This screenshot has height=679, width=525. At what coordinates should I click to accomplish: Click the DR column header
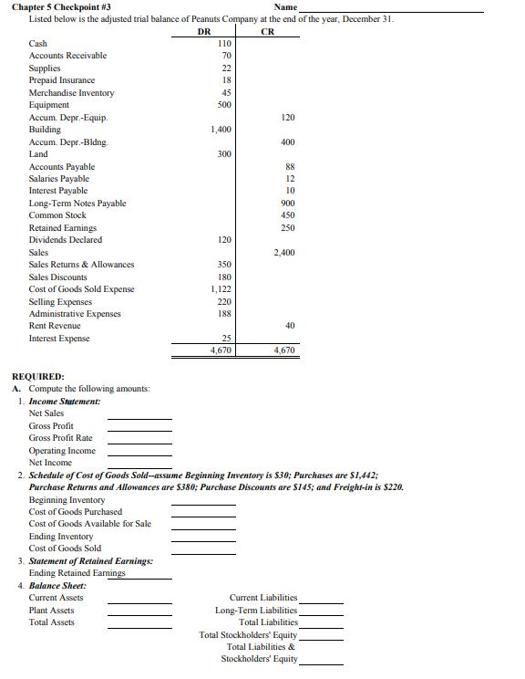(204, 31)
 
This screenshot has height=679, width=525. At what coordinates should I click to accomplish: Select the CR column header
(267, 31)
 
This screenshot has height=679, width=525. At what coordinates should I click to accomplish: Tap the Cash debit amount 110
(225, 43)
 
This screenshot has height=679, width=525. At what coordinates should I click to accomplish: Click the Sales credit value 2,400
(284, 252)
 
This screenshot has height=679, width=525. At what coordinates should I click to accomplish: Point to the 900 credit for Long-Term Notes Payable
(288, 203)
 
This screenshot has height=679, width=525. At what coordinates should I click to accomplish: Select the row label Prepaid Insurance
(62, 80)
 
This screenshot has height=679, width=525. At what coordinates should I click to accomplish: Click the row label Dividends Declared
(66, 239)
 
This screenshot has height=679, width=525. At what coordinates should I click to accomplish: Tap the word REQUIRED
(37, 376)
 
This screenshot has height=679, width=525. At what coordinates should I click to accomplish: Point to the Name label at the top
(285, 7)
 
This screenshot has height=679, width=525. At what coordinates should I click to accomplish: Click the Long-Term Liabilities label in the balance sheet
(256, 610)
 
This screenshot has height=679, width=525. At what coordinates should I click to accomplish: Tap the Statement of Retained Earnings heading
(91, 560)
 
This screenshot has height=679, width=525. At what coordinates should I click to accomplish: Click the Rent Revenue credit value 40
(290, 325)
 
